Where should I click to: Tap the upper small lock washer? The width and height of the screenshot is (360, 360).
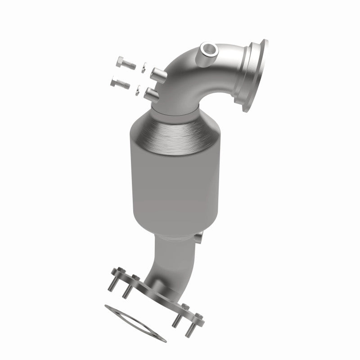point(141,67)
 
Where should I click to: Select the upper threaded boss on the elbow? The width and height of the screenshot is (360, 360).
point(158,73)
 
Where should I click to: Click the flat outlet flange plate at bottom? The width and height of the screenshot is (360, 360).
point(153,288)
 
